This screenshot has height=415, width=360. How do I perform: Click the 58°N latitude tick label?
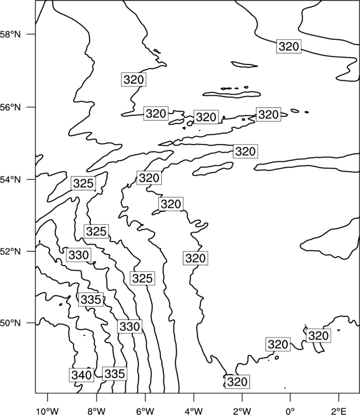11,34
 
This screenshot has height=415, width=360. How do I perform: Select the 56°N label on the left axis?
11,107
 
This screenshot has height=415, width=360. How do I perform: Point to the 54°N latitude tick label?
11,180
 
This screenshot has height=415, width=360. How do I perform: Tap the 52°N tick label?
11,251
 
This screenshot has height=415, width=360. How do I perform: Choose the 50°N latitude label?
11,323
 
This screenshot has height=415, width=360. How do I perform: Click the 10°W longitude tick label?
48,412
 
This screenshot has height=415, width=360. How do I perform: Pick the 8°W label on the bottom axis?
96,412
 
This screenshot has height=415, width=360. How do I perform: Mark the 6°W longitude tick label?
145,412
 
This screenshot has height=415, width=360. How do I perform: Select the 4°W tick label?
193,412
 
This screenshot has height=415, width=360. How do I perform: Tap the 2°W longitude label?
242,412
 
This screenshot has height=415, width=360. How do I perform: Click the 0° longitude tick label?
290,412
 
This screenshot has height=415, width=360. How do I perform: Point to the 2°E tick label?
339,412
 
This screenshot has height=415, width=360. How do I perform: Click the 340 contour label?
81,375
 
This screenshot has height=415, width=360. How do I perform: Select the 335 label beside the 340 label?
115,373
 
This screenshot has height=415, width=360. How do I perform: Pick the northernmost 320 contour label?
289,46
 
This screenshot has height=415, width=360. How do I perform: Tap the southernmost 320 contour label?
238,382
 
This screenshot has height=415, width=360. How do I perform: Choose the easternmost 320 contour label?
318,336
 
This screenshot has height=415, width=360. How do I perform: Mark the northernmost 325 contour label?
83,183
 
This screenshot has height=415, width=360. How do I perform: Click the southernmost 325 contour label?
142,278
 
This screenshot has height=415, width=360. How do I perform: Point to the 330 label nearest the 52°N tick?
79,255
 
